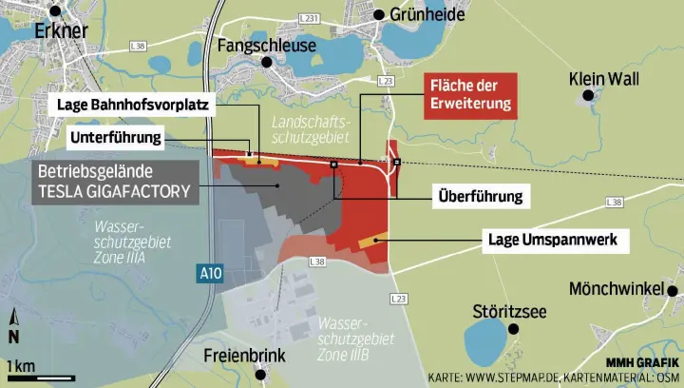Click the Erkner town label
pos(60,32)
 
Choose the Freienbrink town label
pos(245,358)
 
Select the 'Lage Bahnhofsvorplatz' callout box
pos(133,104)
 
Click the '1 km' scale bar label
pos(21,367)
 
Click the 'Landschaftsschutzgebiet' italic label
pos(311,131)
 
